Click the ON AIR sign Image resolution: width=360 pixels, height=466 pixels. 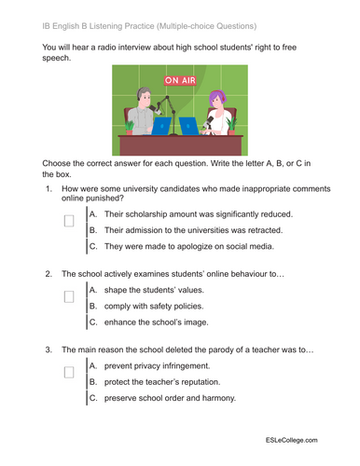tap(182, 81)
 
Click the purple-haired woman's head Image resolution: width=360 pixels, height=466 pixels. tap(218, 97)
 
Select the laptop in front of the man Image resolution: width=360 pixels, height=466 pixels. tap(162, 125)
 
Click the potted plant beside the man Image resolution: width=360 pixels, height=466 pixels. tap(128, 125)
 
